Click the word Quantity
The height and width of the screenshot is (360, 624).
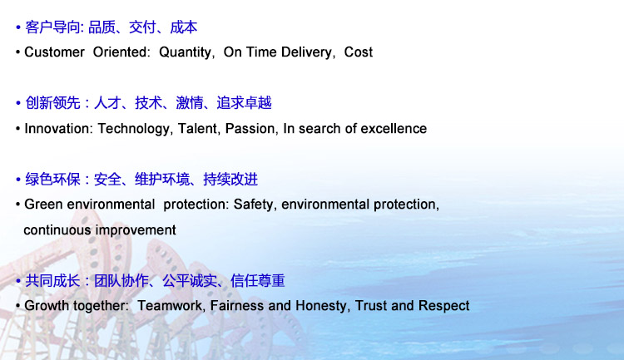(x=185, y=52)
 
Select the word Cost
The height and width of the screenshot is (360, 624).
(x=358, y=52)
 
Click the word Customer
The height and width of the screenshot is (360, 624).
(x=55, y=52)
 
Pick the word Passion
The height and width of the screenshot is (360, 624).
(x=250, y=129)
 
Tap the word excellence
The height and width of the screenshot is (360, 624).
(x=394, y=129)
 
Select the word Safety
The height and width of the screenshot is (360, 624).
(x=253, y=205)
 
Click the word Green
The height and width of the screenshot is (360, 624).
(x=44, y=204)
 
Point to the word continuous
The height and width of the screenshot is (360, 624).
(x=57, y=230)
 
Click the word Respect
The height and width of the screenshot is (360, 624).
(x=443, y=306)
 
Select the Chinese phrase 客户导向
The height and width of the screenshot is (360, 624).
(x=53, y=27)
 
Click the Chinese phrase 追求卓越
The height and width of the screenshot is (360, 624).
(x=244, y=103)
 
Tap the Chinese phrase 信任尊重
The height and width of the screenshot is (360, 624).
(x=257, y=281)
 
